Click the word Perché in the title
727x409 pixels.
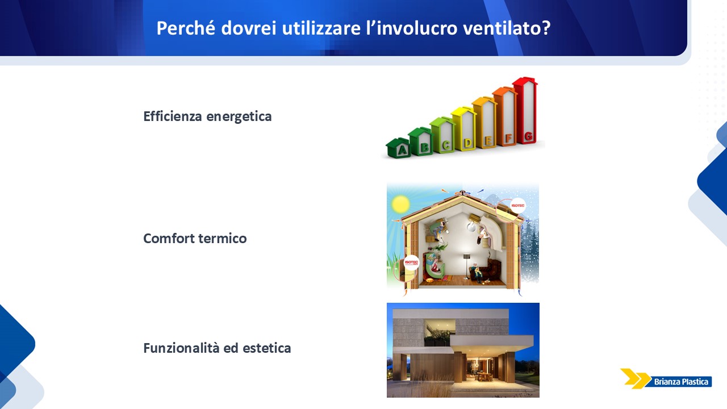click(186, 28)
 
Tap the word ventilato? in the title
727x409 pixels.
click(507, 28)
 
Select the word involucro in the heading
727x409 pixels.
click(417, 28)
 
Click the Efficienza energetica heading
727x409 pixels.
click(207, 116)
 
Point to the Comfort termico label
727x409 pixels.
click(195, 238)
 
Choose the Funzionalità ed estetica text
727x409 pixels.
click(217, 348)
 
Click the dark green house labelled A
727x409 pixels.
click(398, 148)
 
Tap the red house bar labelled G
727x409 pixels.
click(525, 110)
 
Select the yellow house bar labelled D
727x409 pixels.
click(464, 128)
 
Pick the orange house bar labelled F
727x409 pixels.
click(505, 116)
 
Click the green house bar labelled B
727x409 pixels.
click(421, 141)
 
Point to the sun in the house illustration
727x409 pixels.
click(400, 204)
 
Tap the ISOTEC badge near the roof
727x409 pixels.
click(517, 206)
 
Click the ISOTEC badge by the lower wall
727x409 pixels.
click(411, 262)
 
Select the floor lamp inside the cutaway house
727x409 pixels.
click(466, 266)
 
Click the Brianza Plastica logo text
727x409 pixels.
click(681, 382)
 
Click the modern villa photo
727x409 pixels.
click(463, 350)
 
